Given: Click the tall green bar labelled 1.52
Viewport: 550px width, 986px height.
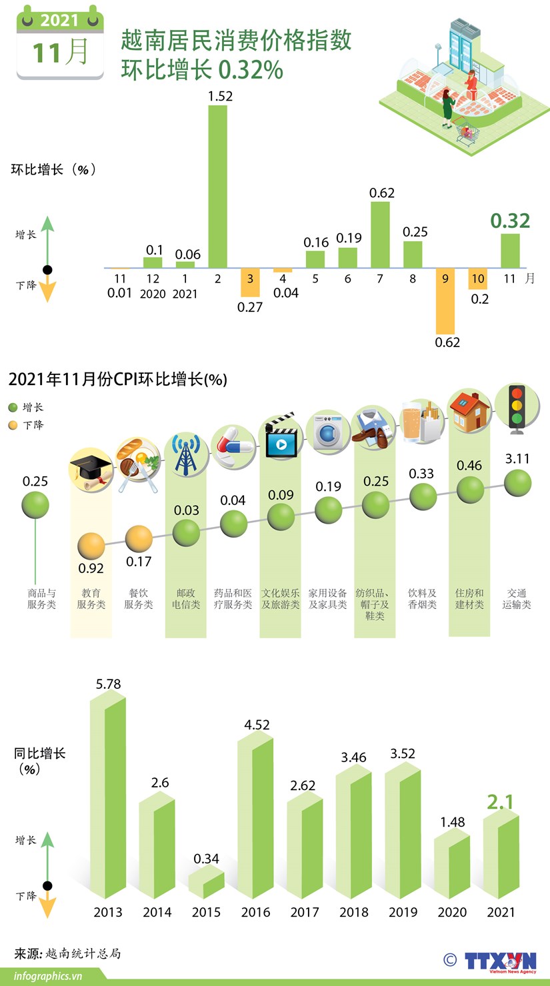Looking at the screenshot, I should tap(218, 186).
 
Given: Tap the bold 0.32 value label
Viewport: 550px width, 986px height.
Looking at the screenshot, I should tap(510, 221).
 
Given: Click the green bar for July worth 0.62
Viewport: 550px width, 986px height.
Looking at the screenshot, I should tap(380, 234).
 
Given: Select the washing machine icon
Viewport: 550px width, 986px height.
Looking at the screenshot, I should tap(329, 432).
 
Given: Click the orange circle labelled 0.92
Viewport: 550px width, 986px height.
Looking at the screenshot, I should tap(91, 546).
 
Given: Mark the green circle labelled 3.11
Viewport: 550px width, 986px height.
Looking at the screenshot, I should tap(517, 482).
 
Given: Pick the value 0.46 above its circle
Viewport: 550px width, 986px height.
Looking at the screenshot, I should tap(469, 466).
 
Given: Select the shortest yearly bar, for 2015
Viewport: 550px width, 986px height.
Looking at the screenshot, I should tap(206, 883).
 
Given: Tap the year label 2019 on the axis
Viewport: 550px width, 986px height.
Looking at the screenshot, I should tap(403, 912).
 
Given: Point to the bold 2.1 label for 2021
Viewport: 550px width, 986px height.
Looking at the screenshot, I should tap(500, 802).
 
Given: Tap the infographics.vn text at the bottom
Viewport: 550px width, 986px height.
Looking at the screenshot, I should tap(48, 976).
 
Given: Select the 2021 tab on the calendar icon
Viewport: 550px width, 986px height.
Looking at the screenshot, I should tap(59, 21).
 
